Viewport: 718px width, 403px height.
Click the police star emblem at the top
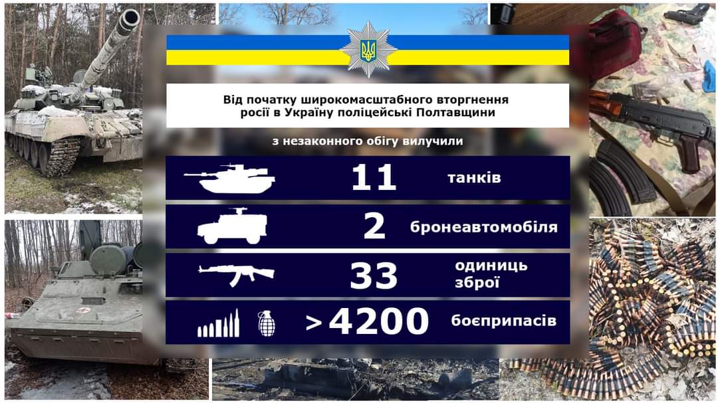click(368, 49)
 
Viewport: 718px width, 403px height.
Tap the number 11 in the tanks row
click(374, 178)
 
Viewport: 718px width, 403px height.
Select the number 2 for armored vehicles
click(374, 227)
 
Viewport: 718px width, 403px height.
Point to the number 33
click(374, 276)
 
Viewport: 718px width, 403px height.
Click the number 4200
click(379, 323)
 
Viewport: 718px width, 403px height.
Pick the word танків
click(474, 178)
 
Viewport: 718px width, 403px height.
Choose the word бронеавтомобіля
click(484, 227)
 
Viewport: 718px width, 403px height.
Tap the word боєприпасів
click(503, 322)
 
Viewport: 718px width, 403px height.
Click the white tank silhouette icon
click(229, 178)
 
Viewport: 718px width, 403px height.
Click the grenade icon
click(267, 323)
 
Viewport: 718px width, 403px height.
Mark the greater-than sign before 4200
click(314, 323)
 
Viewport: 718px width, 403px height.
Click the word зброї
click(477, 283)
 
